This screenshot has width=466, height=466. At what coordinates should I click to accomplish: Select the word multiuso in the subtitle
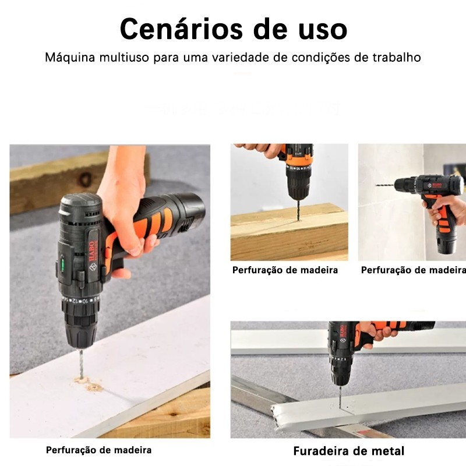click(x=124, y=57)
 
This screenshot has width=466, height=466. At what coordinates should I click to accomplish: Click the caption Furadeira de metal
click(x=348, y=451)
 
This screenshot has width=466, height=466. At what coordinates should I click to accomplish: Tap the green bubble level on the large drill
click(x=63, y=264)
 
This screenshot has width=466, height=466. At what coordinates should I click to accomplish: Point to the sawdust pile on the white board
click(x=89, y=384)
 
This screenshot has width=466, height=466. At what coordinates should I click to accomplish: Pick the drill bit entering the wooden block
click(x=298, y=210)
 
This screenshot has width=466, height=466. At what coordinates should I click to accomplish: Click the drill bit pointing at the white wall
click(x=385, y=185)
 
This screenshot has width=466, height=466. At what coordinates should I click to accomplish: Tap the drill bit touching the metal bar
click(x=341, y=397)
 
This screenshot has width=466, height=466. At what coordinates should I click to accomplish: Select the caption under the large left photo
click(x=98, y=450)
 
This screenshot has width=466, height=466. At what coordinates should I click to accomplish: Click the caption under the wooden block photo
click(x=285, y=270)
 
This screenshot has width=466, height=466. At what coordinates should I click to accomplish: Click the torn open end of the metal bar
click(x=276, y=416)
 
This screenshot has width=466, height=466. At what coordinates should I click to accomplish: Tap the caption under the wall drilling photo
click(x=414, y=270)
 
